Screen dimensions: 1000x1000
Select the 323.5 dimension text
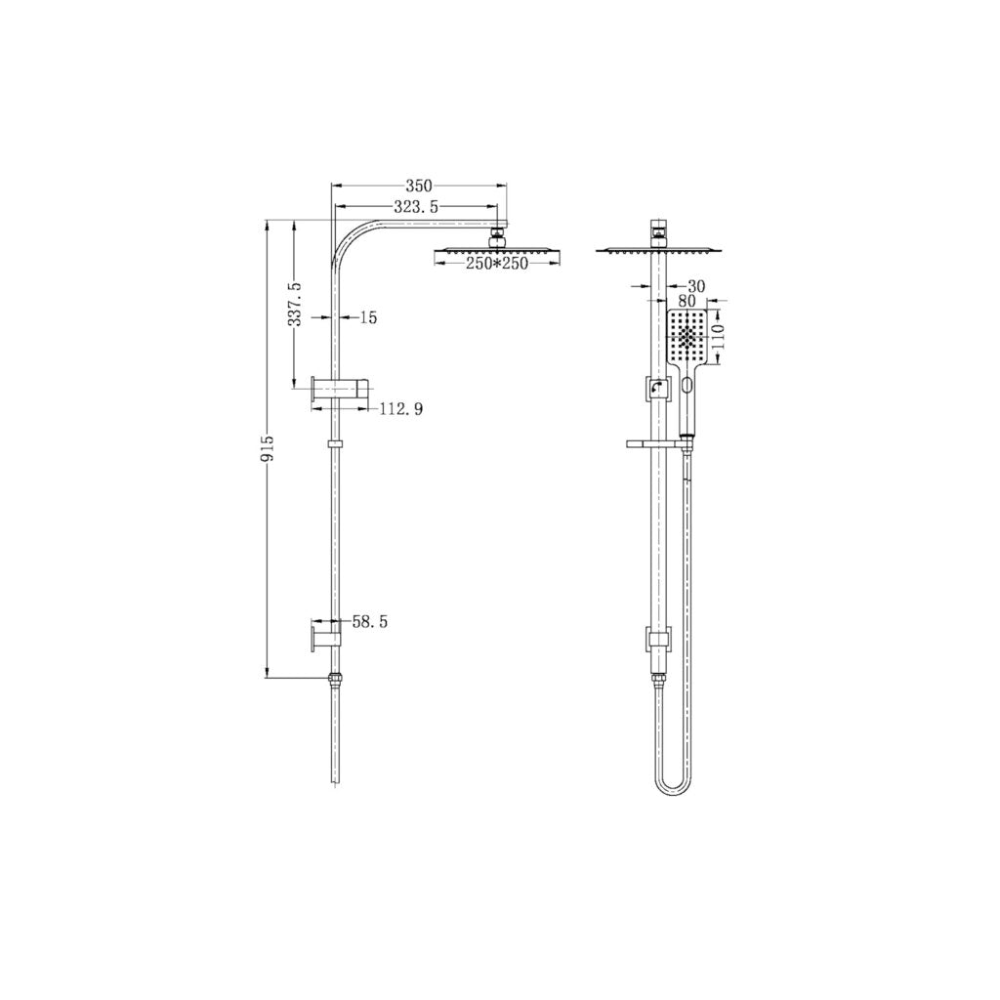415,207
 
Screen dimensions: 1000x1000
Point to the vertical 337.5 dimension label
296,305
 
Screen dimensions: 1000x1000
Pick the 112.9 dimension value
400,408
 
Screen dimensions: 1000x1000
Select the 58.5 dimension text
368,622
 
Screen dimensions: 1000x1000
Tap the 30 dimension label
695,286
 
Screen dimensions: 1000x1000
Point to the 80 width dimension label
686,303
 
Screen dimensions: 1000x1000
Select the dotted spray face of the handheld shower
688,338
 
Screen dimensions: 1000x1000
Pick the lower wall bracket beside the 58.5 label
325,636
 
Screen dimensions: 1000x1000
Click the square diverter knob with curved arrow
657,390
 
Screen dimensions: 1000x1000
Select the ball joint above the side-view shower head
498,234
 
